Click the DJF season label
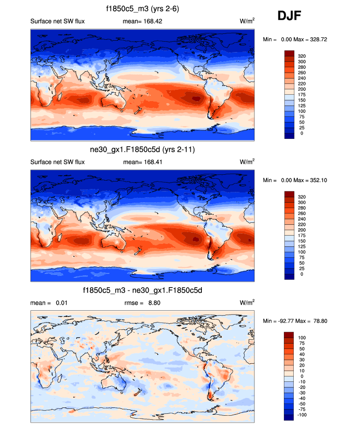coord(289,17)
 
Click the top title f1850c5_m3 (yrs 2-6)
coord(142,9)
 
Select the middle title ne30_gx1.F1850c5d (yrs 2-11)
coord(142,150)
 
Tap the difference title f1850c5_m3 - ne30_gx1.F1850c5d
coord(142,291)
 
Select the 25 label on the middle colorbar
coord(302,268)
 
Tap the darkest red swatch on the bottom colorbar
coord(289,335)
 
